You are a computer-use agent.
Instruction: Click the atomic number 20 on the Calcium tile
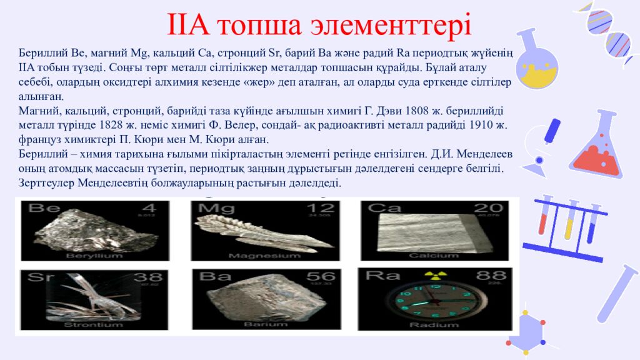[x=487, y=209]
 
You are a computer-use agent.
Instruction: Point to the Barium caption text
[x=257, y=325]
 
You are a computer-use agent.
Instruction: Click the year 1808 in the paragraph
[x=416, y=112]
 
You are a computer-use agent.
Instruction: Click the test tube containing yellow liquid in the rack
[x=569, y=222]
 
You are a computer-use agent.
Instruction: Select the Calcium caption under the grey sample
[x=429, y=256]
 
